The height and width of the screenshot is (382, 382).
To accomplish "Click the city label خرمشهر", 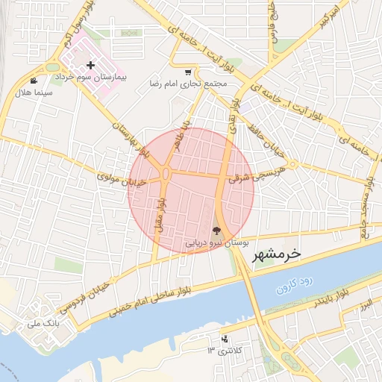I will [x=271, y=254].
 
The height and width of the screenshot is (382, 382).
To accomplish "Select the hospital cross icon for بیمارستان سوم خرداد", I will [x=92, y=66].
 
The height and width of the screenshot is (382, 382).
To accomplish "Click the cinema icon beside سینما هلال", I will [x=34, y=81].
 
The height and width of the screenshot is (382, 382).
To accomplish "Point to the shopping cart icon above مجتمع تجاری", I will [x=187, y=72].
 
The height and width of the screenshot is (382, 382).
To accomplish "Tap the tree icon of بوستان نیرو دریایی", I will [x=216, y=231].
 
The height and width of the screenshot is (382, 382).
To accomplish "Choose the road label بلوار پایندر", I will [x=328, y=302].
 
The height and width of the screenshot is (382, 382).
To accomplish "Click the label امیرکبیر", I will [x=331, y=19].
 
